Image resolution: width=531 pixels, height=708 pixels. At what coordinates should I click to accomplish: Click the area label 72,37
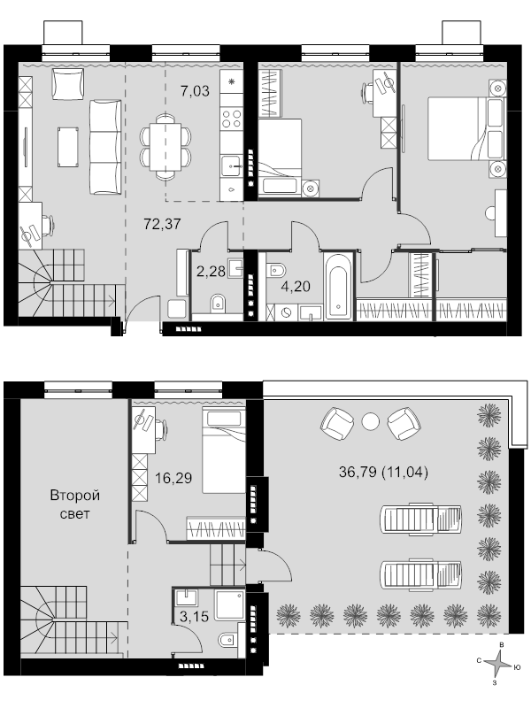[162, 224]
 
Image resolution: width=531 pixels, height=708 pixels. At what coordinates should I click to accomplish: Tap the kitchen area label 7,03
[195, 91]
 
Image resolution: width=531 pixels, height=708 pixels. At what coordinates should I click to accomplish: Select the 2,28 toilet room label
[211, 272]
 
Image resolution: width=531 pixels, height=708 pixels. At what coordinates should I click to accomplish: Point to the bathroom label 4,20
[296, 286]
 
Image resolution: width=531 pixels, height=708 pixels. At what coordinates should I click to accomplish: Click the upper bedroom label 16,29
[173, 478]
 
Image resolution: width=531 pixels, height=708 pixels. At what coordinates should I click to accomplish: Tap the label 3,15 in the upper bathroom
[194, 616]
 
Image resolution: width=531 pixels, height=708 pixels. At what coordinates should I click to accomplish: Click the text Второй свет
[75, 504]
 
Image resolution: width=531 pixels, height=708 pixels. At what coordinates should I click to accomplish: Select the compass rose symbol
[497, 666]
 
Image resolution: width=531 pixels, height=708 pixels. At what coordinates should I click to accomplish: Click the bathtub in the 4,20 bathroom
[338, 286]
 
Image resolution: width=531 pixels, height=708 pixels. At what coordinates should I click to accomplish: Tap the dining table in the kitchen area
[165, 147]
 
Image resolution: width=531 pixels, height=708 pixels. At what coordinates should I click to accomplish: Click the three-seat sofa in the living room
[105, 147]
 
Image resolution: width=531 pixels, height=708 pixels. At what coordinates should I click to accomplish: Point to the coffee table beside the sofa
[68, 147]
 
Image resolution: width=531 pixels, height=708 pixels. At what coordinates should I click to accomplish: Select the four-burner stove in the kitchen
[232, 119]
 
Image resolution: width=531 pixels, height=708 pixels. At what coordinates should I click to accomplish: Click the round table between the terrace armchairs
[371, 422]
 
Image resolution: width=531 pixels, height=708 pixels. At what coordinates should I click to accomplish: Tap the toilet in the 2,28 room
[218, 303]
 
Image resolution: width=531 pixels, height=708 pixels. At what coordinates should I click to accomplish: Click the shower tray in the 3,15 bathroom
[229, 605]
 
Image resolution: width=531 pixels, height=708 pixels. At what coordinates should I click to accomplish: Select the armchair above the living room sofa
[68, 84]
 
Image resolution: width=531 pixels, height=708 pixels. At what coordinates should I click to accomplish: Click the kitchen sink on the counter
[232, 166]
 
